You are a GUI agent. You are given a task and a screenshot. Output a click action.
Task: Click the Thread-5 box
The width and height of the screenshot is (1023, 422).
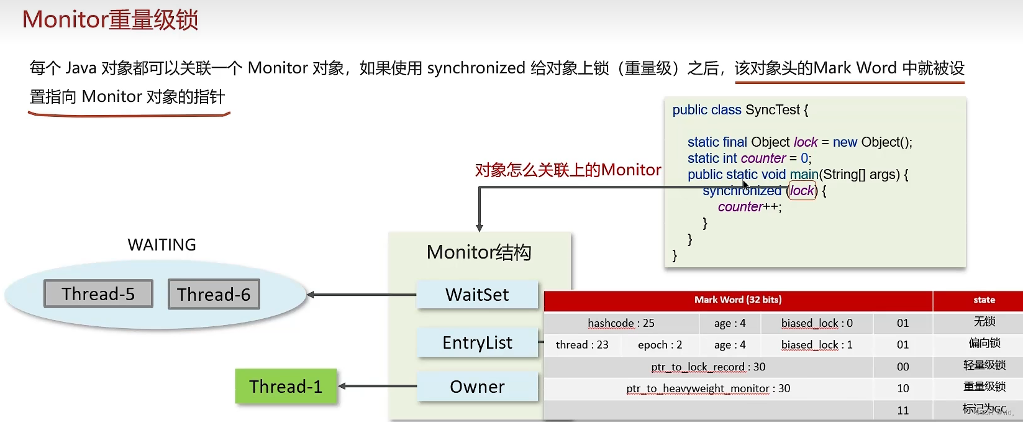tap(98, 293)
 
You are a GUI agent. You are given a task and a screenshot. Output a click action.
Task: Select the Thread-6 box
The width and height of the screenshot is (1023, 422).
tap(214, 294)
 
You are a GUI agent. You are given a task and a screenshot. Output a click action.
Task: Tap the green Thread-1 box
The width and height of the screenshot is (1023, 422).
tap(286, 387)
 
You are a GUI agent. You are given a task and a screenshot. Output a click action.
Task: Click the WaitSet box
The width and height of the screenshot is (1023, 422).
tap(477, 295)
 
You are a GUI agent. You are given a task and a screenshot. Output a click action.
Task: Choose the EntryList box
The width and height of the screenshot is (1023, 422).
tap(477, 342)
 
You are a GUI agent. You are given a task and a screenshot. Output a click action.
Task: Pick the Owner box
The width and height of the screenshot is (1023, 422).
tap(477, 387)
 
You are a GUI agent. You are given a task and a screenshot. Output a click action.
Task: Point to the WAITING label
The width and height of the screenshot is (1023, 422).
tap(161, 245)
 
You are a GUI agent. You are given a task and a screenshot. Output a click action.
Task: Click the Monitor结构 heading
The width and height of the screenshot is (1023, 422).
tap(479, 252)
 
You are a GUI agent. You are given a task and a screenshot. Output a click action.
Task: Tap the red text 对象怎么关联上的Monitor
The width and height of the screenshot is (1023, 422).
tap(568, 170)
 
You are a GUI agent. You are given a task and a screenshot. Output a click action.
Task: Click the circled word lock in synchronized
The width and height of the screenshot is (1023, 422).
tap(802, 191)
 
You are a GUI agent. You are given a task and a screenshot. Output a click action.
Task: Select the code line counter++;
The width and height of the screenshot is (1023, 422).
tap(750, 207)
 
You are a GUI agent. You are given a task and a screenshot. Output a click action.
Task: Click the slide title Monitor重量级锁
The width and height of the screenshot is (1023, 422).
tap(111, 20)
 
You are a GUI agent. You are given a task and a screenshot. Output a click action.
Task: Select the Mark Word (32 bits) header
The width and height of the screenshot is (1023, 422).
tap(738, 300)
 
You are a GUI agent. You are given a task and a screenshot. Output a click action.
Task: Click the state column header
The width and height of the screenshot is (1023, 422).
tap(984, 300)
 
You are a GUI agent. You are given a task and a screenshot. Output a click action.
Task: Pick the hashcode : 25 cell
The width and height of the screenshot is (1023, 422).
tap(621, 323)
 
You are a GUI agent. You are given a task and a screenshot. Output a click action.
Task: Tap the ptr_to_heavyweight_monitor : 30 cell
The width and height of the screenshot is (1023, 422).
tap(708, 388)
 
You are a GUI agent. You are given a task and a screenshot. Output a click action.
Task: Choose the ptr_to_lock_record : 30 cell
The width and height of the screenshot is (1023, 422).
tap(708, 367)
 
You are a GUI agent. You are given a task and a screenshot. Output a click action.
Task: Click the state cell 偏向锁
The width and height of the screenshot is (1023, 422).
tap(984, 343)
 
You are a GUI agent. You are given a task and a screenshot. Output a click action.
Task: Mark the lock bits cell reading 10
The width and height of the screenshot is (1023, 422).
tap(903, 388)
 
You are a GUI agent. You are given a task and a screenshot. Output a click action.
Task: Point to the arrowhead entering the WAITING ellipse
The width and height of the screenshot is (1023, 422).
tap(311, 295)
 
